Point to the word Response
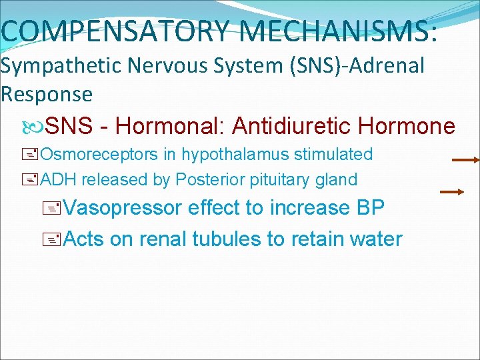coord(47,94)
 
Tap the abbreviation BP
coord(371,208)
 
